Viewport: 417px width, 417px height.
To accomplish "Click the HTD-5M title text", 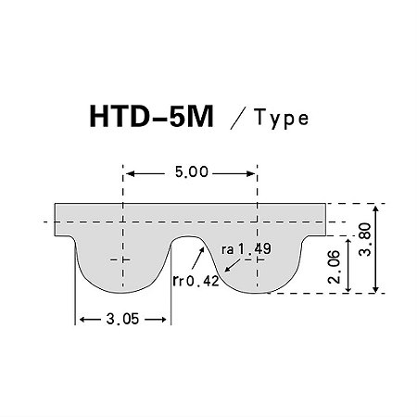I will coord(152,120).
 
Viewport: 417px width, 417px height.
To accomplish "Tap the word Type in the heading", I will coord(277,120).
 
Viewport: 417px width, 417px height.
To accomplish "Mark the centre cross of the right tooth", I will coord(257,260).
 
